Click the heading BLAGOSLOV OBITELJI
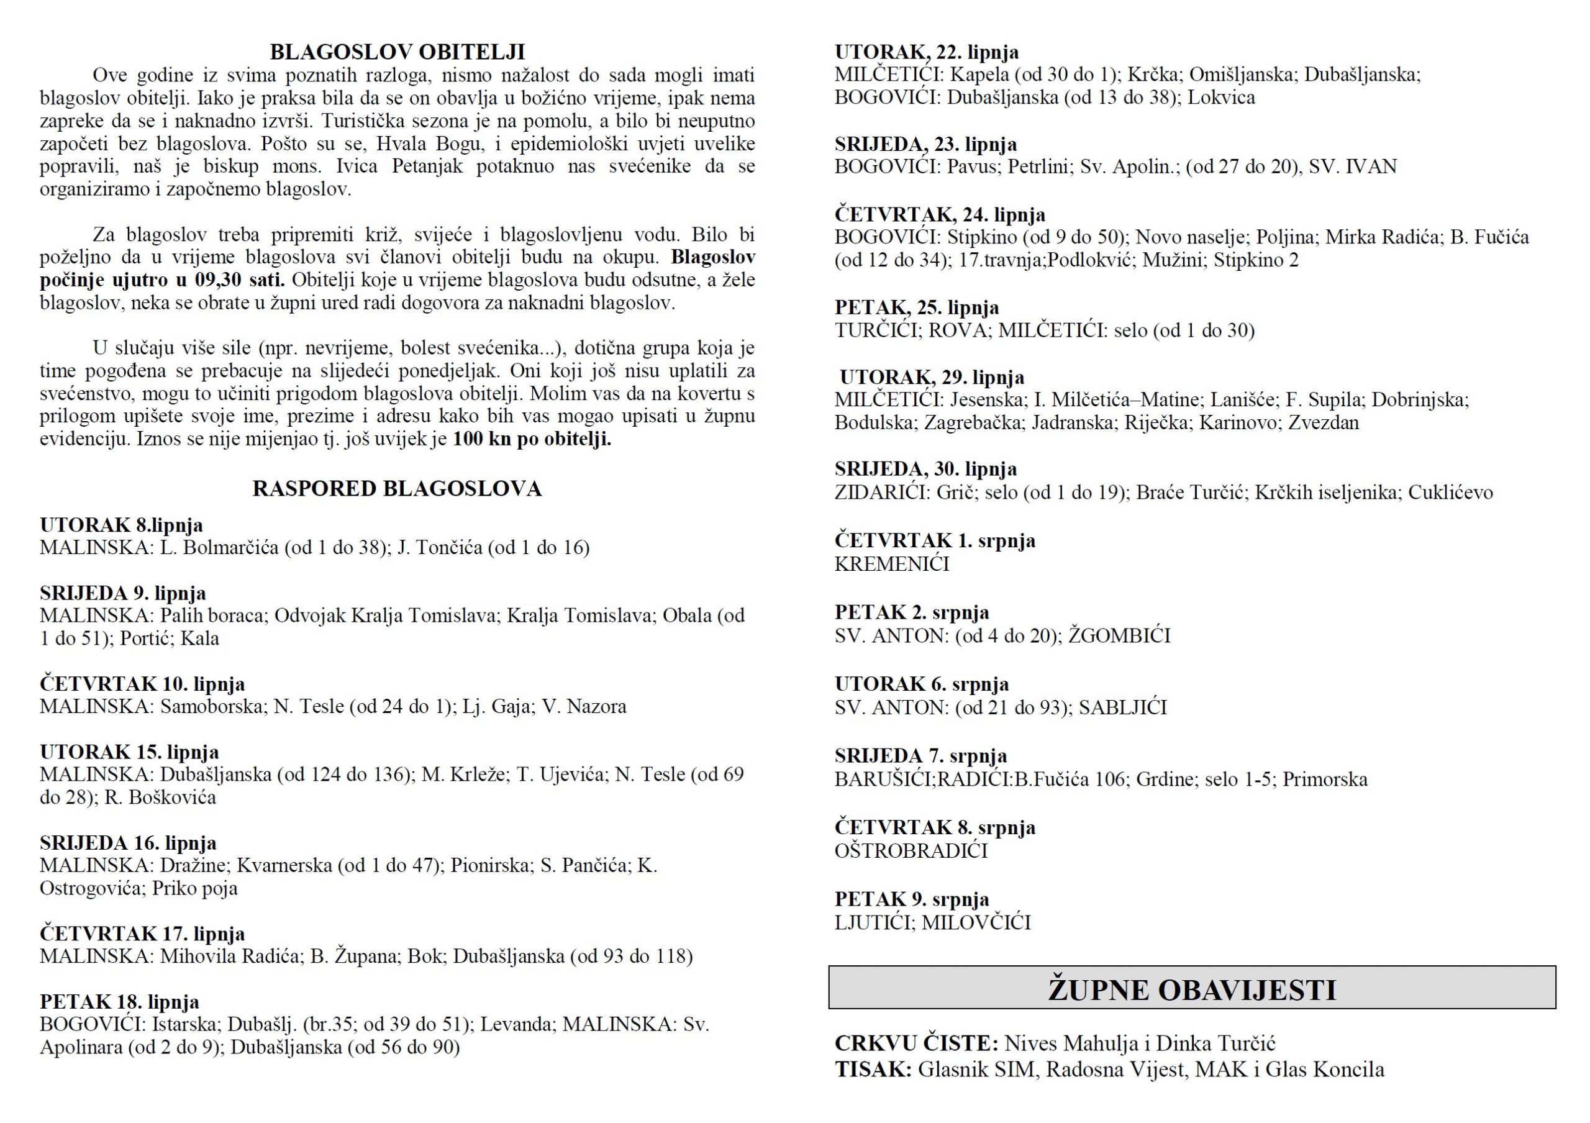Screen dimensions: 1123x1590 pyautogui.click(x=397, y=52)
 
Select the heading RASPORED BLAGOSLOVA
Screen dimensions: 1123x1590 pyautogui.click(x=397, y=489)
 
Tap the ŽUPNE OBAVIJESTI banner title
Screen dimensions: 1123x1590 pyautogui.click(x=1191, y=990)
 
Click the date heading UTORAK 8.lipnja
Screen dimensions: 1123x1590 pyautogui.click(x=121, y=525)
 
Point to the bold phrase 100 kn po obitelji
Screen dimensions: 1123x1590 pyautogui.click(x=532, y=439)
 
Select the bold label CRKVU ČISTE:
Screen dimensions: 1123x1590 pyautogui.click(x=916, y=1043)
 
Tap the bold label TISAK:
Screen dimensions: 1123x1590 pyautogui.click(x=873, y=1070)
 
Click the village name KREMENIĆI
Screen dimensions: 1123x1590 pyautogui.click(x=892, y=564)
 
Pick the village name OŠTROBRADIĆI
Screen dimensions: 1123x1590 pyautogui.click(x=911, y=851)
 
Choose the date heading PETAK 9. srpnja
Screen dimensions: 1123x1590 pyautogui.click(x=911, y=899)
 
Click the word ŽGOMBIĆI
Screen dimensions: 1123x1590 pyautogui.click(x=1119, y=635)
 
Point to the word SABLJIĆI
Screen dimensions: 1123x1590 pyautogui.click(x=1122, y=707)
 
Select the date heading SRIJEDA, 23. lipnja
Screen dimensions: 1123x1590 pyautogui.click(x=925, y=144)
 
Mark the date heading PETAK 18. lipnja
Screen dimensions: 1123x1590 pyautogui.click(x=119, y=1002)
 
